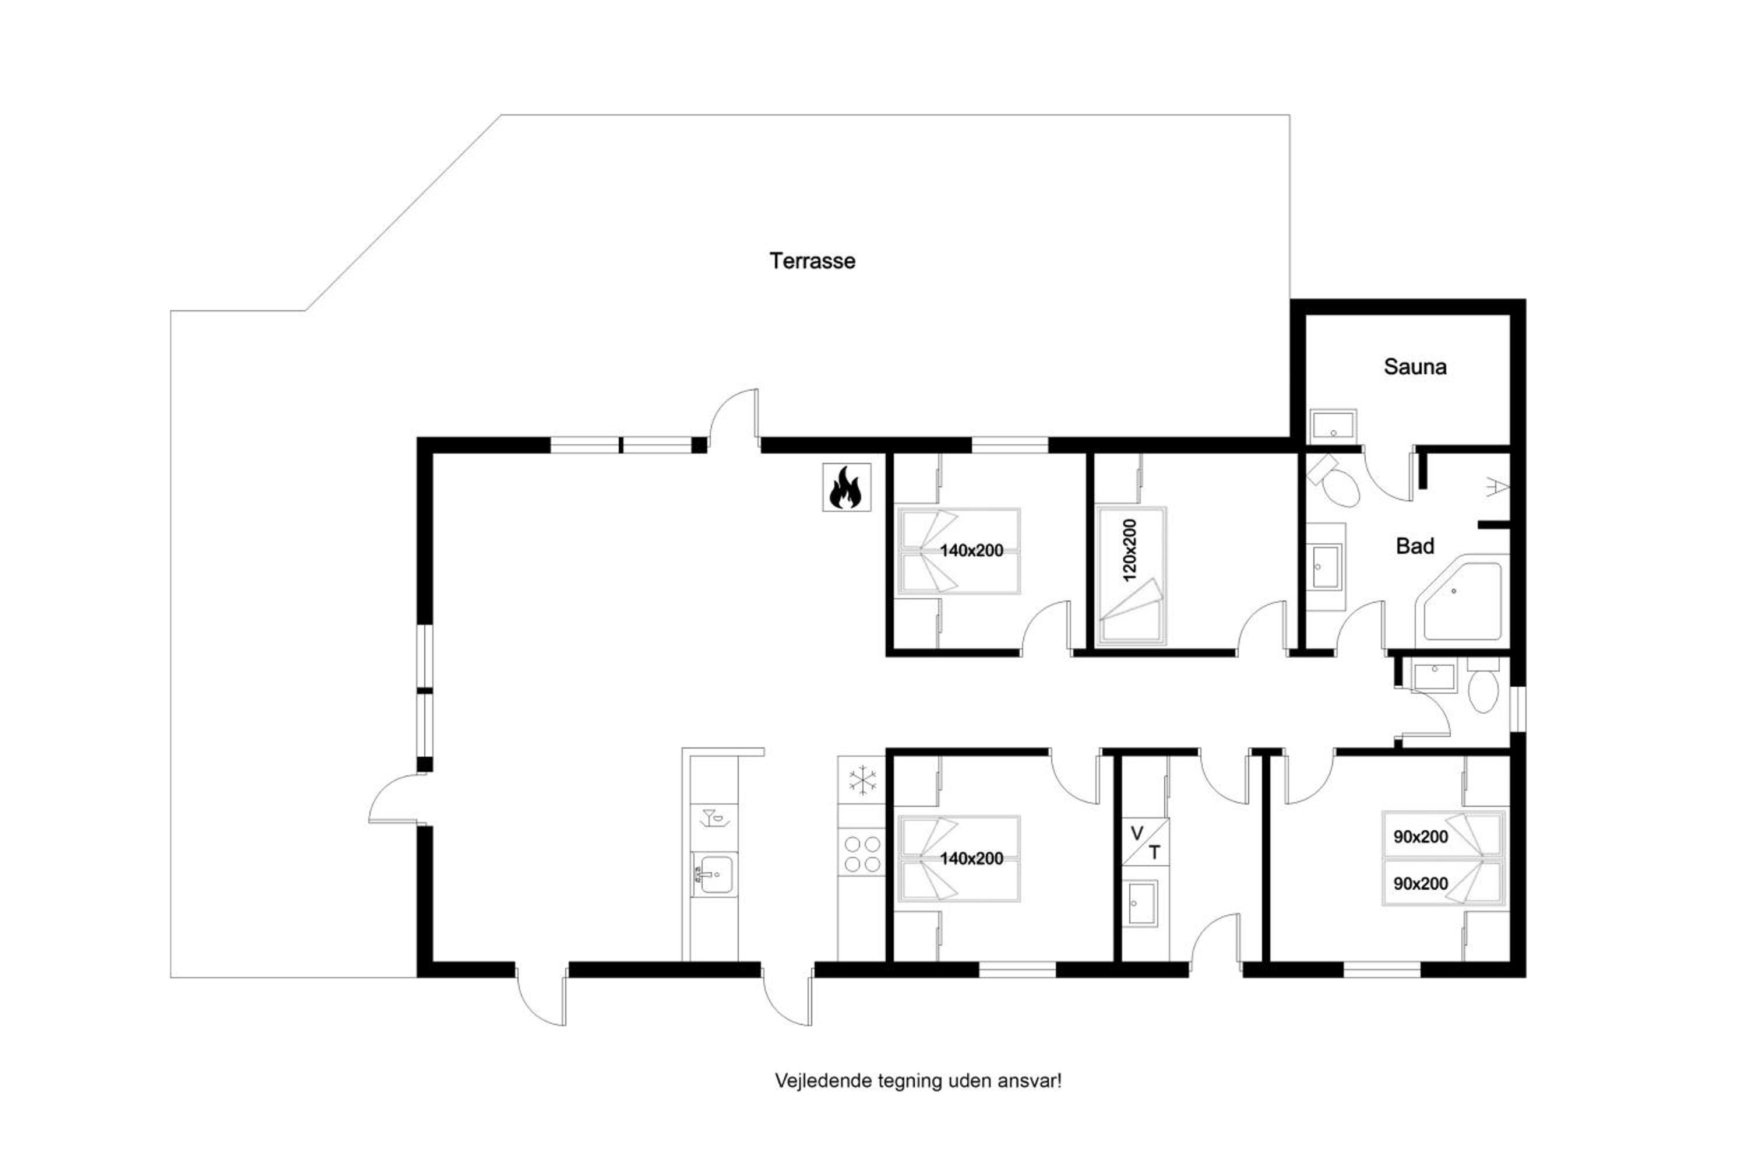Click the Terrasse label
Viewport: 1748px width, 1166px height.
(x=812, y=261)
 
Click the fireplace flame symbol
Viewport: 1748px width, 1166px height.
(x=846, y=487)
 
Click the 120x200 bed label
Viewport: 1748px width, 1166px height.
(x=1129, y=550)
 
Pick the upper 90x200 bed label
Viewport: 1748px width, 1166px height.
(x=1421, y=837)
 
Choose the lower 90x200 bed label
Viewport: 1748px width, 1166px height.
(x=1421, y=883)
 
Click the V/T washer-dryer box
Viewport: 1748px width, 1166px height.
(x=1146, y=842)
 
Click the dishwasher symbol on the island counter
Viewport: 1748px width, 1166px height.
(x=713, y=817)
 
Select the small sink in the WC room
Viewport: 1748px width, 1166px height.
(x=1435, y=675)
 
